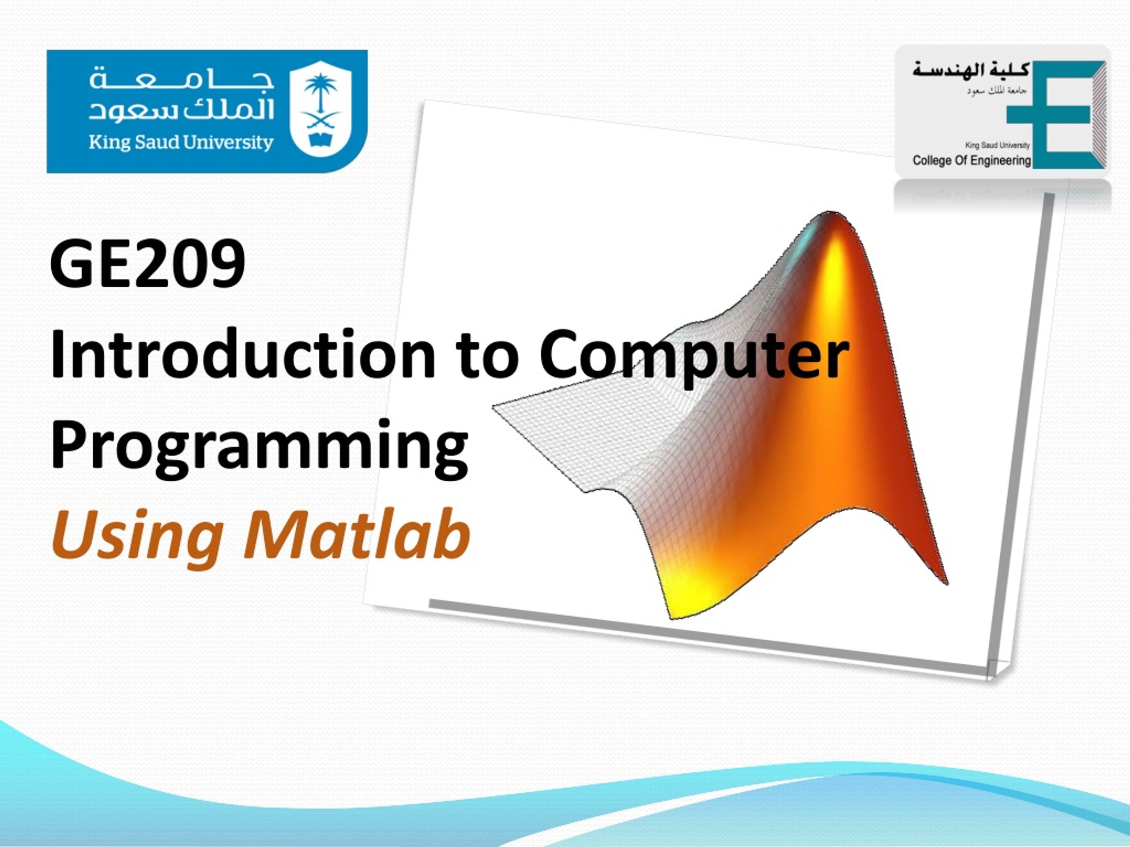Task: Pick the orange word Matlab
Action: pos(357,535)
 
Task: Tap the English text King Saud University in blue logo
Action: pos(181,142)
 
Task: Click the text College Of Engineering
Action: pos(972,160)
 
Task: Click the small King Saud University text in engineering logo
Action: pos(997,145)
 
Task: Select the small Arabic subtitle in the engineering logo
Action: pos(996,91)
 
